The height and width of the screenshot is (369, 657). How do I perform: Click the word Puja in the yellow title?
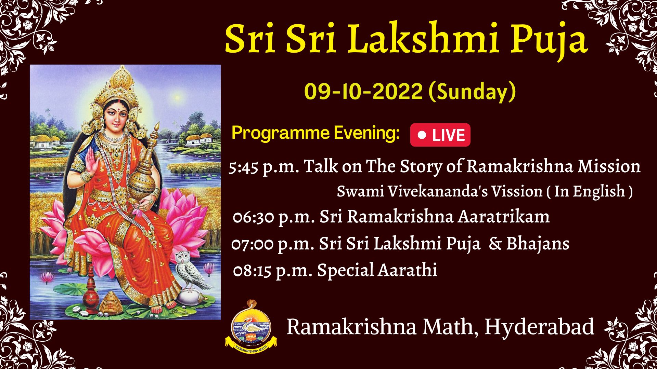click(550, 40)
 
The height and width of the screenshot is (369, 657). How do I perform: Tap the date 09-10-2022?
click(363, 92)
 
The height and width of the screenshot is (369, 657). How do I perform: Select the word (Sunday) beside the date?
click(472, 92)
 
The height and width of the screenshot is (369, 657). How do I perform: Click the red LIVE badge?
click(440, 135)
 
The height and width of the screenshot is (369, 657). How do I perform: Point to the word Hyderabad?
click(539, 327)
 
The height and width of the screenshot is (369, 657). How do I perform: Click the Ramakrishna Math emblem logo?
click(251, 327)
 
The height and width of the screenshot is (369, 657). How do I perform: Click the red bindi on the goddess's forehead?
click(116, 102)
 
